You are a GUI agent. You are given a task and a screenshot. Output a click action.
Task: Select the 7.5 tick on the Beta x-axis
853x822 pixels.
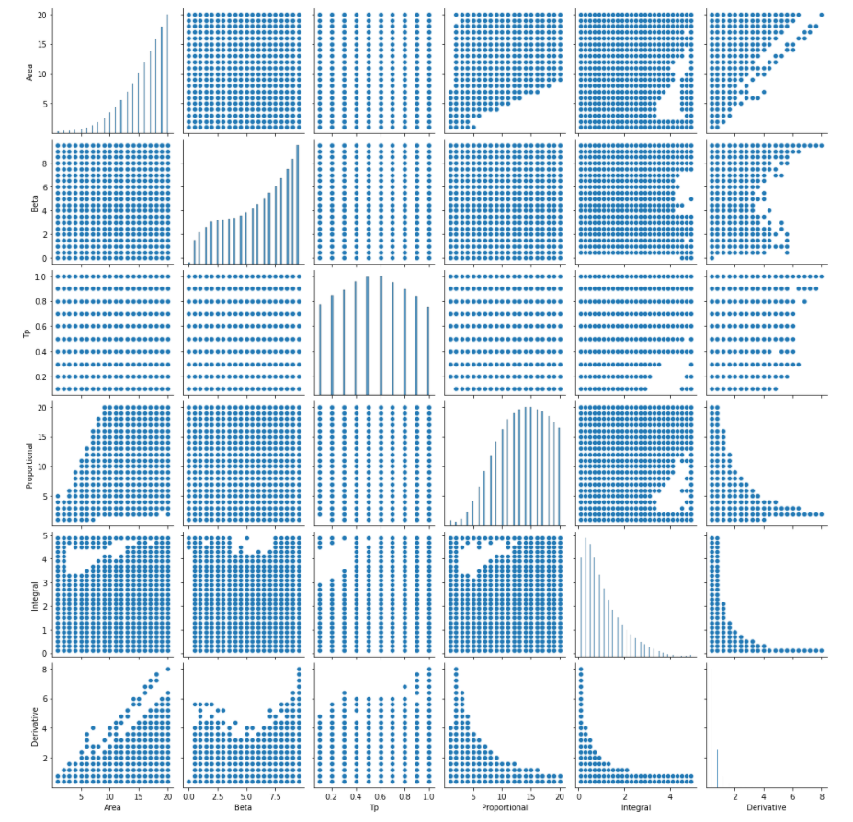point(273,797)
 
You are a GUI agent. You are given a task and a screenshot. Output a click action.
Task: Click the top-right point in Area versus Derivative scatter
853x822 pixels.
point(821,15)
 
